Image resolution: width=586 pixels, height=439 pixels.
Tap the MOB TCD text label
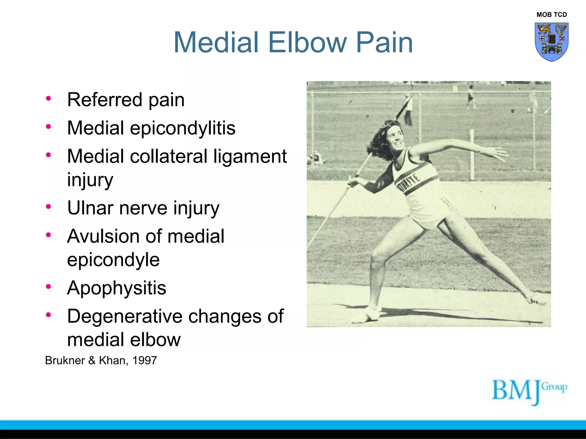(x=551, y=15)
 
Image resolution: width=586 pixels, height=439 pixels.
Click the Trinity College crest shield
(x=551, y=42)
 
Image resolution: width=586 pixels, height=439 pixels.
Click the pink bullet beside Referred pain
(x=48, y=99)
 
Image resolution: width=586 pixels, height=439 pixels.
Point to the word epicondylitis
(x=183, y=128)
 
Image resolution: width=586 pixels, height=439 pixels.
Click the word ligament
(x=250, y=157)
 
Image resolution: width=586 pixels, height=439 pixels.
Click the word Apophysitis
(x=116, y=288)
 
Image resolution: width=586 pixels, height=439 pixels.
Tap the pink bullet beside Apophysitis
(x=48, y=287)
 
